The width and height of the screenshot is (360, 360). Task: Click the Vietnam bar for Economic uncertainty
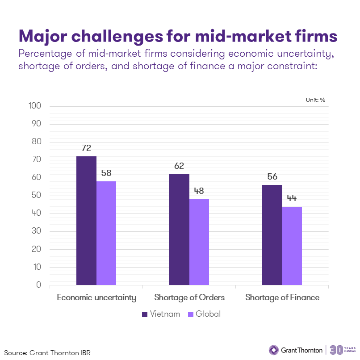coord(86,221)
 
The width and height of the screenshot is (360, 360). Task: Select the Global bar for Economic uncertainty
coord(106,233)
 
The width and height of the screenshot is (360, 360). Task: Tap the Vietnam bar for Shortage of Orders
coord(179,230)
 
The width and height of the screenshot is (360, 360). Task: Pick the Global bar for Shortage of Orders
coord(199,242)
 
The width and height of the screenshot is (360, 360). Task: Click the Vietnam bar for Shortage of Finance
coord(272,235)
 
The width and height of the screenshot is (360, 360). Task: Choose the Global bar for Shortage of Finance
coord(292,246)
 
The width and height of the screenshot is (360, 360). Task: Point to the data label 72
coord(86,148)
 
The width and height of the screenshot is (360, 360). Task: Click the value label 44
coord(292,198)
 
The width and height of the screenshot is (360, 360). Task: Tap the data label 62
coord(179,166)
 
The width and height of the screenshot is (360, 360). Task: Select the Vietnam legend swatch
coord(144,314)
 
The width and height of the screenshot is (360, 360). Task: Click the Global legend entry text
coord(208,314)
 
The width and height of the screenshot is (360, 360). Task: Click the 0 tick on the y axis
coord(39,285)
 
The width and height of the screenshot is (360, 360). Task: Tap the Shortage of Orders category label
coord(189,297)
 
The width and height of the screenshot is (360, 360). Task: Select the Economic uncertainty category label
coord(96,297)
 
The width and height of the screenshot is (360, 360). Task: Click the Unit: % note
coord(315,100)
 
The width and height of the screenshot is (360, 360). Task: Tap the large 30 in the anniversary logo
coord(336,349)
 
